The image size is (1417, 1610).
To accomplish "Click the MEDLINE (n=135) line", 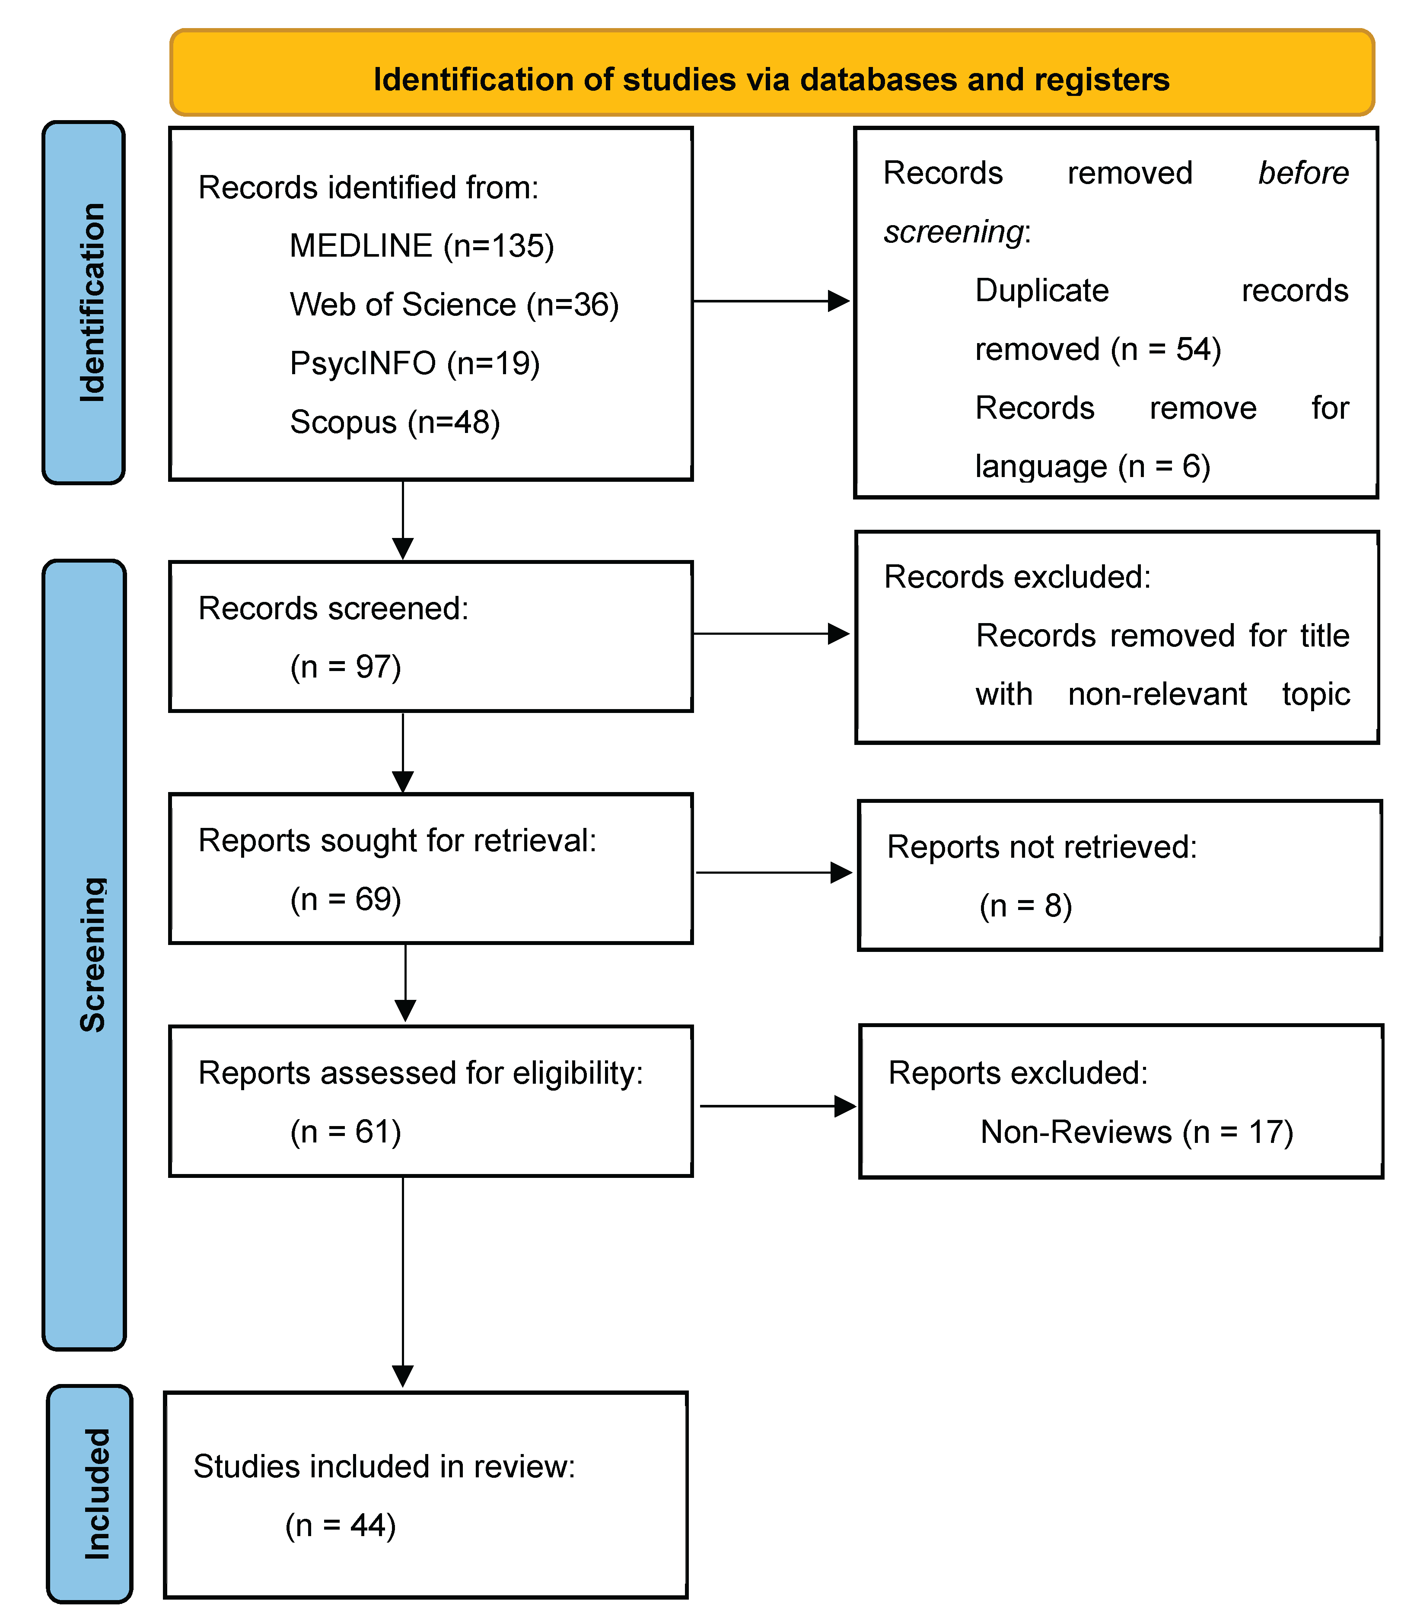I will (x=421, y=246).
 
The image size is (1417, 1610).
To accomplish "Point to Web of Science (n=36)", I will (x=454, y=305).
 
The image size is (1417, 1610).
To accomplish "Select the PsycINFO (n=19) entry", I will (x=414, y=363).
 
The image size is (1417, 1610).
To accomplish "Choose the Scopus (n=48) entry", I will (x=395, y=422).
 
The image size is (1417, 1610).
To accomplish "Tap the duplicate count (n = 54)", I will (x=1166, y=349).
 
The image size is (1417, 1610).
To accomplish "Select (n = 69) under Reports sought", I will (x=346, y=899).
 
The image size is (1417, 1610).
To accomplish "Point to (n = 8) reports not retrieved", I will (x=1025, y=906).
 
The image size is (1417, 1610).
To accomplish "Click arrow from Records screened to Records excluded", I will (x=771, y=633).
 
